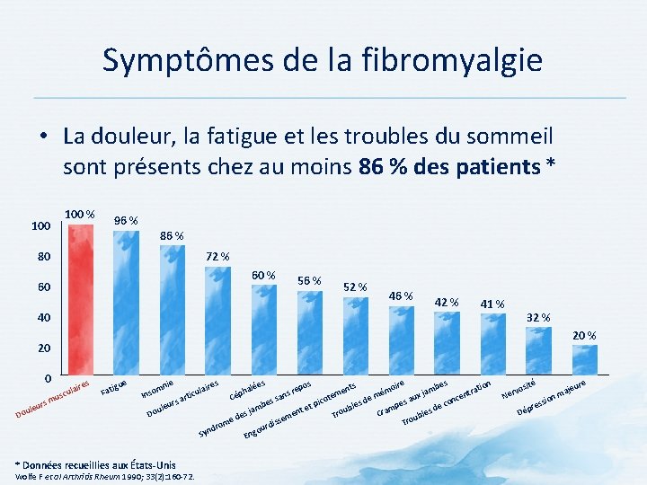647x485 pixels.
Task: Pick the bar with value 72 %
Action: tap(218, 320)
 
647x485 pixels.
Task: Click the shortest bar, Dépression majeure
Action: tap(585, 357)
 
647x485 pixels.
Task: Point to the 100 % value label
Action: tap(80, 214)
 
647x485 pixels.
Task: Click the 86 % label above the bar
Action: tap(172, 236)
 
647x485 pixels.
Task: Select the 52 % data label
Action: tap(356, 287)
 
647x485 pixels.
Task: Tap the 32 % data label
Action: tap(538, 317)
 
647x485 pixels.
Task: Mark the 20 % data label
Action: tap(584, 335)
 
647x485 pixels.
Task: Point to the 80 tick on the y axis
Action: tap(43, 257)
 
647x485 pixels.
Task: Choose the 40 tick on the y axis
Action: tap(43, 318)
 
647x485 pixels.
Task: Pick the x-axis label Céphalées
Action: tap(247, 388)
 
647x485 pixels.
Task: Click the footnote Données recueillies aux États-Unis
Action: tap(99, 464)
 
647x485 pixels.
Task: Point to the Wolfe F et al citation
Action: tap(99, 476)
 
